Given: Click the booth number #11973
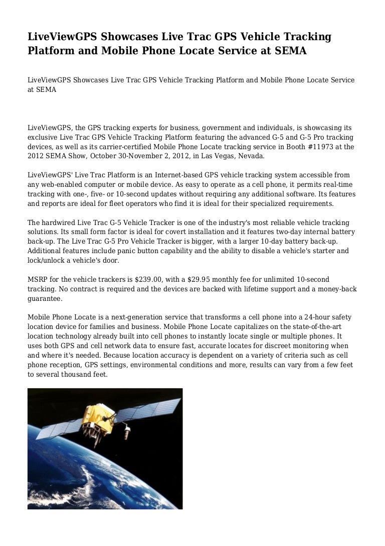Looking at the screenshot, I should coord(318,147).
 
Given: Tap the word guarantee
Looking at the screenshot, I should coord(45,298).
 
